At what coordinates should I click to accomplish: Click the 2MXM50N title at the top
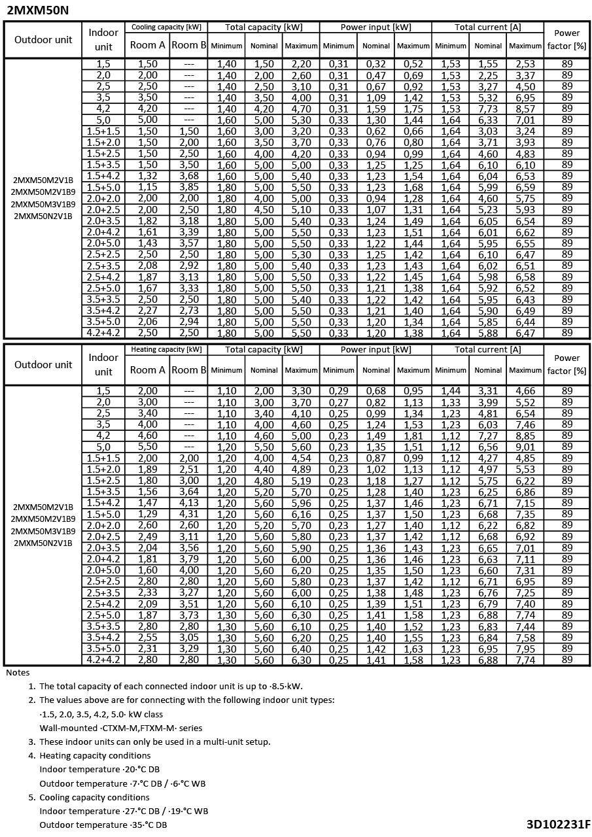37,10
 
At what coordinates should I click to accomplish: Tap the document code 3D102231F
558,824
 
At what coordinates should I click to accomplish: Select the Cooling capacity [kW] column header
165,27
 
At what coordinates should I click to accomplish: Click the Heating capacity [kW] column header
165,350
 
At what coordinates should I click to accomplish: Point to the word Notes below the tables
18,672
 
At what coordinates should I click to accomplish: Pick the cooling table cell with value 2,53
525,64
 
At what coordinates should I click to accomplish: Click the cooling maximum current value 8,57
525,109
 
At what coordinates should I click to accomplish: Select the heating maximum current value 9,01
525,447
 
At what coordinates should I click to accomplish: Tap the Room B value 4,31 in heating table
188,514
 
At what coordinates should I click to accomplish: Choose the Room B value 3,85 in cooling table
188,188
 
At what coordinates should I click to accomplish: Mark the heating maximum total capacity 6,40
301,649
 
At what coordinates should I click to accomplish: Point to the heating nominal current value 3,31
488,391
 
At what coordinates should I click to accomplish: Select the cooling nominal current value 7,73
488,109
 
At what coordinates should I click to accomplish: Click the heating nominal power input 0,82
376,402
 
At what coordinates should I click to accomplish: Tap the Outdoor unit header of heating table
43,364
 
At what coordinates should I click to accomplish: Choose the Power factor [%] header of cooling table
566,39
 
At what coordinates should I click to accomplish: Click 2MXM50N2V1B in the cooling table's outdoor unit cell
43,216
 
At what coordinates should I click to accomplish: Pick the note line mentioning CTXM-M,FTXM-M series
121,728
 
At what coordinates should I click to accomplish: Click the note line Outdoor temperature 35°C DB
103,825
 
